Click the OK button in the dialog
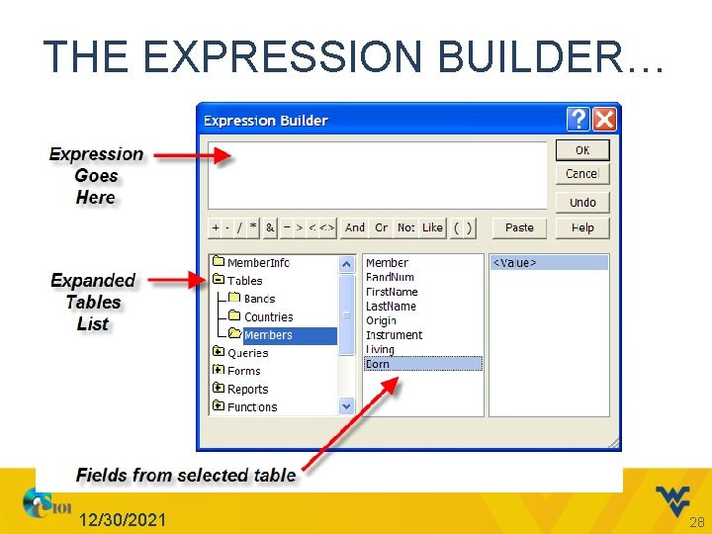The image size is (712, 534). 581,150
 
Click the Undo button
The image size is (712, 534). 581,202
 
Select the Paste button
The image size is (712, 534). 519,227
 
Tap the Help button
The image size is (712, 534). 581,227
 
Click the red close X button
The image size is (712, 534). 604,120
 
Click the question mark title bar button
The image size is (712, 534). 578,120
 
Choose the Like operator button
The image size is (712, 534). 432,227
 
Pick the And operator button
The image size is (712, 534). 354,227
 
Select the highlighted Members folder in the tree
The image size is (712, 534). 268,335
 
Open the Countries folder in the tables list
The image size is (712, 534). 268,317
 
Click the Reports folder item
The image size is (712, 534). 247,390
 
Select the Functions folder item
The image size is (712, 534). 251,407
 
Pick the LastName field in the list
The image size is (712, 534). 391,307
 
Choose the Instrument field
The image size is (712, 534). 394,335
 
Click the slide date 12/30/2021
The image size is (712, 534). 124,520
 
